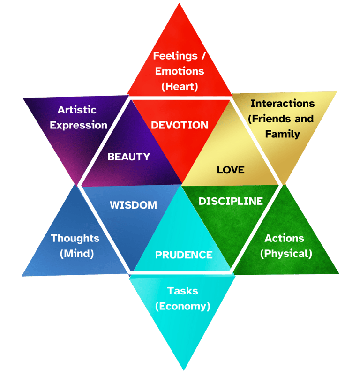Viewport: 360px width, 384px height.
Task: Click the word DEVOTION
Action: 180,125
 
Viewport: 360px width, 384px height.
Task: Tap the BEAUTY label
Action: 129,157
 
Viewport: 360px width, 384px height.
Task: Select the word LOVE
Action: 231,170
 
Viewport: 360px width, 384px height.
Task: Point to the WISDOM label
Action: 133,205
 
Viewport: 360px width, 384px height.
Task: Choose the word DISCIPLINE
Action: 231,201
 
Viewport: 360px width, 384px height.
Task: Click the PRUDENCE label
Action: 184,255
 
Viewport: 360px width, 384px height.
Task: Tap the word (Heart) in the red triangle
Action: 180,87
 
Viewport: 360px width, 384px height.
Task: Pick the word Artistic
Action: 77,110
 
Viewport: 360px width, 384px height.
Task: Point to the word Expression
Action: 79,125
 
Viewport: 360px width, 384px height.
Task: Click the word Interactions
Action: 282,103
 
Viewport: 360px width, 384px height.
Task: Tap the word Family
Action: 282,134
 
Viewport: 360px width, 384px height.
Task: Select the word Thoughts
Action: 75,238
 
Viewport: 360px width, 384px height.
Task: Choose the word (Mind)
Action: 77,254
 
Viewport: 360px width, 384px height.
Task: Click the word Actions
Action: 284,238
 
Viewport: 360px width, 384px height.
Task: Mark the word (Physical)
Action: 286,254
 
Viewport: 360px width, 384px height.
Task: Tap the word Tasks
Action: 183,291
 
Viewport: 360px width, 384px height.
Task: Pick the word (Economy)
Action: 183,306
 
